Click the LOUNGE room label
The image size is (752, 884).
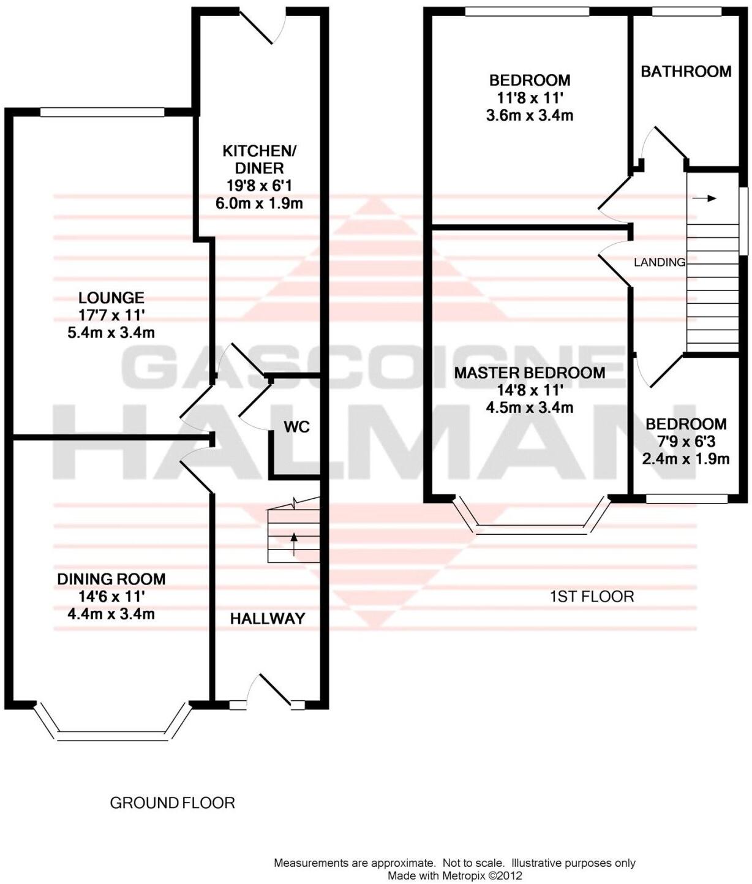click(111, 298)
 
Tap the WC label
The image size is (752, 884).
click(296, 427)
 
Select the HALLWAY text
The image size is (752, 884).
click(268, 619)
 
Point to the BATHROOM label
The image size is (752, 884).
click(686, 72)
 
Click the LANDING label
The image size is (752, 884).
click(659, 262)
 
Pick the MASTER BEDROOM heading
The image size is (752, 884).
click(529, 372)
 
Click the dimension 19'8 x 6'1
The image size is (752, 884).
click(259, 186)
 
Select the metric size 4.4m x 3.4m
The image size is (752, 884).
click(111, 614)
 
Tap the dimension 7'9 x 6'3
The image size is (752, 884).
click(686, 442)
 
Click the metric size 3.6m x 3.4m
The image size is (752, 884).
click(529, 115)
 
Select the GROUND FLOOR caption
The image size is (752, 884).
click(172, 803)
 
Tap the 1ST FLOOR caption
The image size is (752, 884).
click(592, 596)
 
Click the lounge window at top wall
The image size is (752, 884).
click(102, 112)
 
